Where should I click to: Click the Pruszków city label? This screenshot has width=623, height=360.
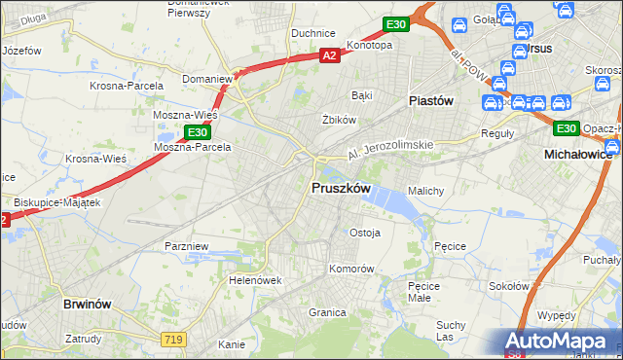pyautogui.click(x=339, y=188)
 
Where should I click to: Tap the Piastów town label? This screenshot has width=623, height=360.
pyautogui.click(x=426, y=100)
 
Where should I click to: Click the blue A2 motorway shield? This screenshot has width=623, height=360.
pyautogui.click(x=330, y=57)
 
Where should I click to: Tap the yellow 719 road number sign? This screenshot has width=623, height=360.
pyautogui.click(x=173, y=337)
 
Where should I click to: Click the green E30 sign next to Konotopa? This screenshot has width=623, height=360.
pyautogui.click(x=394, y=23)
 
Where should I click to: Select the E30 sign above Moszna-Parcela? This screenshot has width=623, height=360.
pyautogui.click(x=197, y=131)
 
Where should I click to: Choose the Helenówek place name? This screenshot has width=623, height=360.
pyautogui.click(x=255, y=280)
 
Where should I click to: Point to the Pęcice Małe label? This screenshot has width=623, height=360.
pyautogui.click(x=425, y=292)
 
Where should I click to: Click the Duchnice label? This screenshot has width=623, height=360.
pyautogui.click(x=313, y=32)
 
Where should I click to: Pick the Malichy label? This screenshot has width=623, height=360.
pyautogui.click(x=426, y=191)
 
